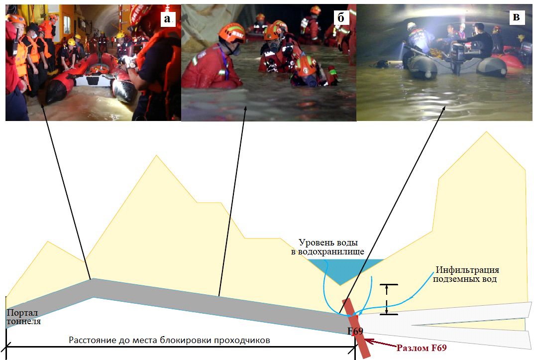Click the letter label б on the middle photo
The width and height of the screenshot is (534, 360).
[x=341, y=17]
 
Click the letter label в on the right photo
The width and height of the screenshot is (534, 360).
[x=516, y=17]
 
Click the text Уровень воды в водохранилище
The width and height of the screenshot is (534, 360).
[x=327, y=247]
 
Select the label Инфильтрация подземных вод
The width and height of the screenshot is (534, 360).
[x=466, y=274]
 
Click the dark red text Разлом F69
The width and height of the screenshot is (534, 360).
[x=421, y=348]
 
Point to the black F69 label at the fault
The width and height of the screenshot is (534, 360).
[x=355, y=331]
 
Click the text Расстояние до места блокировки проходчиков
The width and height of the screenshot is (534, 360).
[x=169, y=340]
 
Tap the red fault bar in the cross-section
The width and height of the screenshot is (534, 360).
[x=356, y=328]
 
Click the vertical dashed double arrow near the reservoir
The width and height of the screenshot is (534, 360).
[x=387, y=299]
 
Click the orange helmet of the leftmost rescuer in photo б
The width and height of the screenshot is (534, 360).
[x=232, y=33]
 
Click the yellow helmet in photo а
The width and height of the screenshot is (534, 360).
[x=72, y=41]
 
